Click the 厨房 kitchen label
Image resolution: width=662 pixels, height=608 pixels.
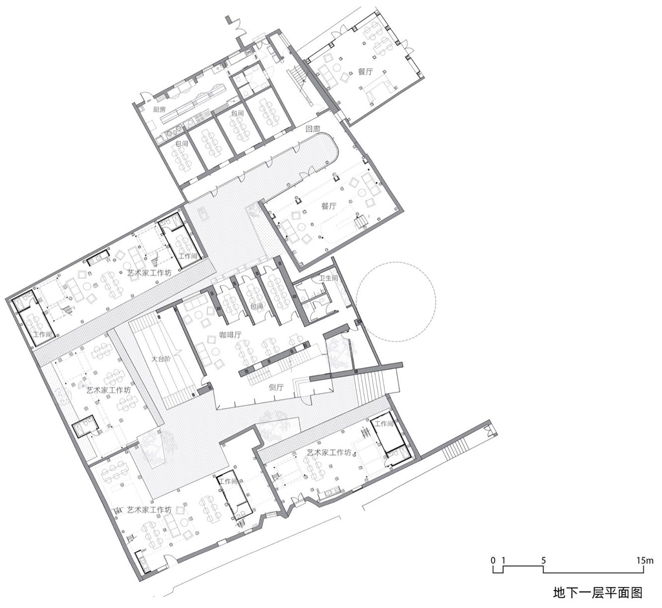(x=159, y=110)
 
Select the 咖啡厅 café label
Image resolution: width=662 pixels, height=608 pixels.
(x=230, y=335)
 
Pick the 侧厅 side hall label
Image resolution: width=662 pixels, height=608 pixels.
(x=276, y=387)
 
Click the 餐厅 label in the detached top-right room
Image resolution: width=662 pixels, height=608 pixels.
(x=365, y=72)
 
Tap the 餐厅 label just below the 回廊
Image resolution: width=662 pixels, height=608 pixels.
(x=329, y=206)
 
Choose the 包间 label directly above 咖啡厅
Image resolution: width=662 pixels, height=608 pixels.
(x=257, y=307)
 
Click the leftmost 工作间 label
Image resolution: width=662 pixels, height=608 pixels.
(x=42, y=334)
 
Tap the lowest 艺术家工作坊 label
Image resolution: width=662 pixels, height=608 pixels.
(x=149, y=509)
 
